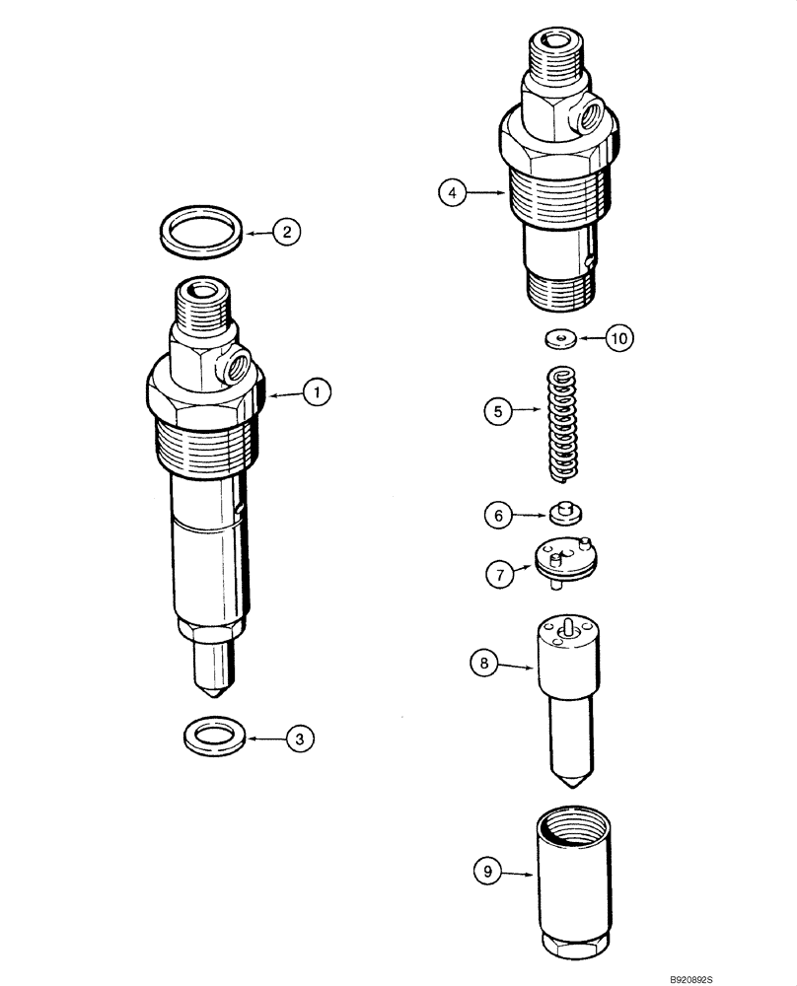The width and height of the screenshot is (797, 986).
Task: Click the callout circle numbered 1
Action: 318,393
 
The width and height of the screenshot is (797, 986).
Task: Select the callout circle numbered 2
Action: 286,233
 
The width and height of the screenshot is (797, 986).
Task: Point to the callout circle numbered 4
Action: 452,194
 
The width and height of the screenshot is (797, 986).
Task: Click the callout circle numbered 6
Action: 499,514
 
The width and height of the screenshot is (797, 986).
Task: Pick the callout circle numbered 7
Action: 499,575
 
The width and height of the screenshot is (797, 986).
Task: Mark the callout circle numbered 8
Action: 484,665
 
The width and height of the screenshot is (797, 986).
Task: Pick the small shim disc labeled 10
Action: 561,338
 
